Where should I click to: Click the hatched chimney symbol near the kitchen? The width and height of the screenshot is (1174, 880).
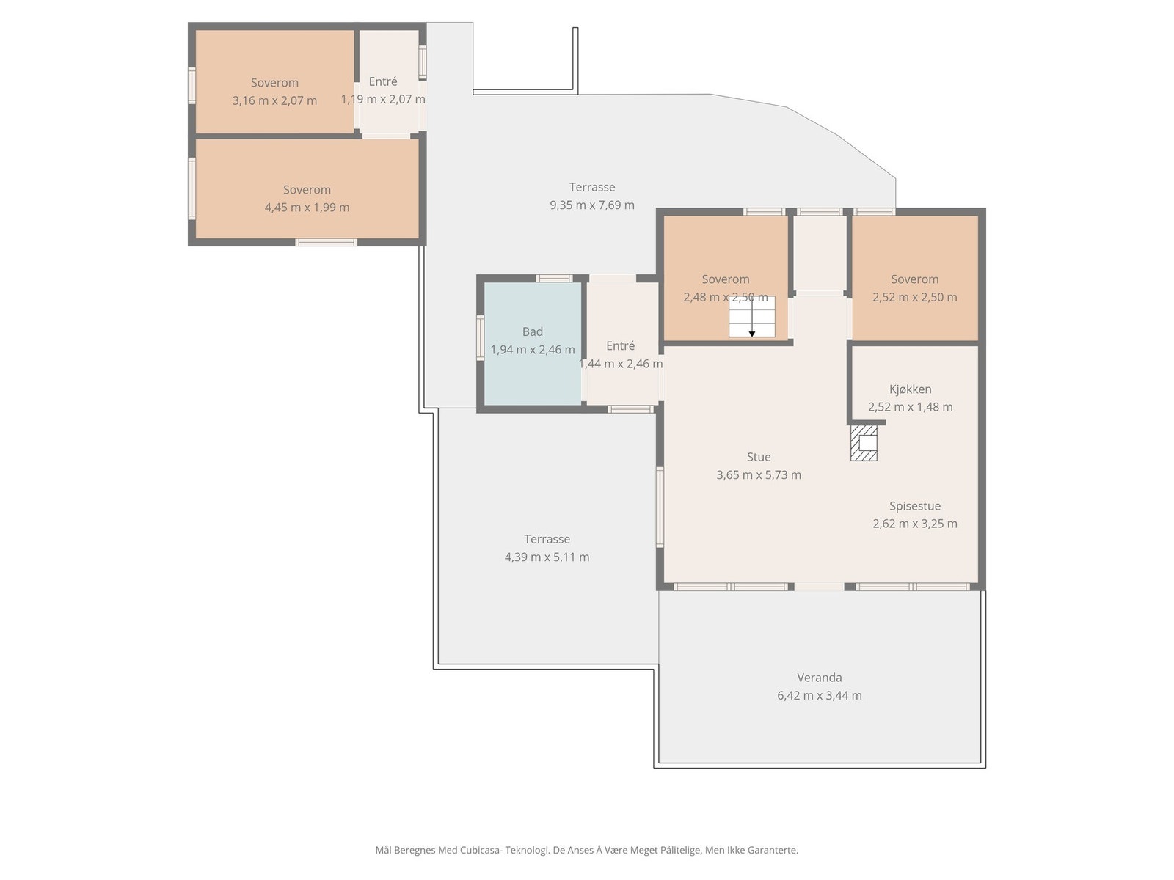(x=863, y=442)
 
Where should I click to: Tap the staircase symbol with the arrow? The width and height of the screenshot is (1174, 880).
(x=751, y=317)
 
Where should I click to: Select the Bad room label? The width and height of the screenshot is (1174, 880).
(x=532, y=331)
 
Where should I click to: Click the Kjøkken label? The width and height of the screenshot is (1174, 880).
(x=910, y=389)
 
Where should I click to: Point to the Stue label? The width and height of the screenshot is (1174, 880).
(x=759, y=457)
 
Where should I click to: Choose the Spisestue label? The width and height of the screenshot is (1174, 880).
(x=914, y=506)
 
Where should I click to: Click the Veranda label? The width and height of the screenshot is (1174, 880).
(x=819, y=678)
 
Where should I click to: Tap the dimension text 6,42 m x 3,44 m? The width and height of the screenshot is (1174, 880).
(x=819, y=696)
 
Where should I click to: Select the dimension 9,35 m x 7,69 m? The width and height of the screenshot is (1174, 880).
(x=591, y=205)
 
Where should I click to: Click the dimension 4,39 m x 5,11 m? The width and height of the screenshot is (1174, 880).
(x=547, y=557)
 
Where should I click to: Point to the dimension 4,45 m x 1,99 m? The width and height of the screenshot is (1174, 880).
(x=307, y=208)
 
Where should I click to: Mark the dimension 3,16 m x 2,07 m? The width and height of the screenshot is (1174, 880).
(x=274, y=100)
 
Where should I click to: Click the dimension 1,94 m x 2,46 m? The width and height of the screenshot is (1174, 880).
(x=532, y=350)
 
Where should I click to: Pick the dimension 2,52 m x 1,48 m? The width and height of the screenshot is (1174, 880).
(x=910, y=407)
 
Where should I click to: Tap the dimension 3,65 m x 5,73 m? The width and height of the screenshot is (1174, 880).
(x=759, y=475)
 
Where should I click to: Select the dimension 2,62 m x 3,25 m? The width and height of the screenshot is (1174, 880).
(x=914, y=524)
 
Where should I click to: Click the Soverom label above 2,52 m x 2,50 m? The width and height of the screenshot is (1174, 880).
(x=914, y=279)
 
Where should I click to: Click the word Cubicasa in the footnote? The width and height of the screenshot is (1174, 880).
(x=481, y=850)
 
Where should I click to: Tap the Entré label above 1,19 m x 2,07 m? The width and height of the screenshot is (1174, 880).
(x=383, y=81)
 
